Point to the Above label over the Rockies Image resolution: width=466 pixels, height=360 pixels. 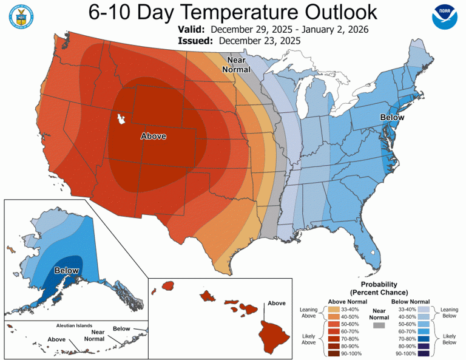pos(153,136)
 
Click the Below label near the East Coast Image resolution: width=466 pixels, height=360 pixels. pos(392,117)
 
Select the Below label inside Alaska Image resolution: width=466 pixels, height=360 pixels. pos(67,270)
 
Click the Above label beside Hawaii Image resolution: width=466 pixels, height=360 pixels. pos(276,303)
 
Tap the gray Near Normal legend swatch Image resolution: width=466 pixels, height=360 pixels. pos(379,326)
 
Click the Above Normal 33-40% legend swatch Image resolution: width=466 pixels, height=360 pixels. pos(334,310)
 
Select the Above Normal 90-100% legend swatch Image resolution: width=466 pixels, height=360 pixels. pos(334,353)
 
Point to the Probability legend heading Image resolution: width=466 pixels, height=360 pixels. pos(379,284)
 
